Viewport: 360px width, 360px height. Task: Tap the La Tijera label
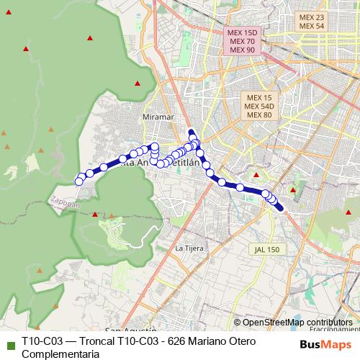[189, 248]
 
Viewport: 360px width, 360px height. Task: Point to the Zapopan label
[66, 204]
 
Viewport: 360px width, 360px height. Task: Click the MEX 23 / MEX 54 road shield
[312, 22]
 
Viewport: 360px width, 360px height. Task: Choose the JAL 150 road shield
[266, 249]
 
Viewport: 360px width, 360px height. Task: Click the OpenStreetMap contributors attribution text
[297, 323]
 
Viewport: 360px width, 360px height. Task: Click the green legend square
[10, 343]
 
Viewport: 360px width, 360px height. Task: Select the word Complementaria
[60, 354]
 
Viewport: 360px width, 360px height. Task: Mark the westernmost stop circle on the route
[79, 181]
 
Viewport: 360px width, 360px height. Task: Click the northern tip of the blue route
[191, 131]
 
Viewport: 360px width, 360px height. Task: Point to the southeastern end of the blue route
[286, 211]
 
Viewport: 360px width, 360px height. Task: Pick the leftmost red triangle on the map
[5, 132]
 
